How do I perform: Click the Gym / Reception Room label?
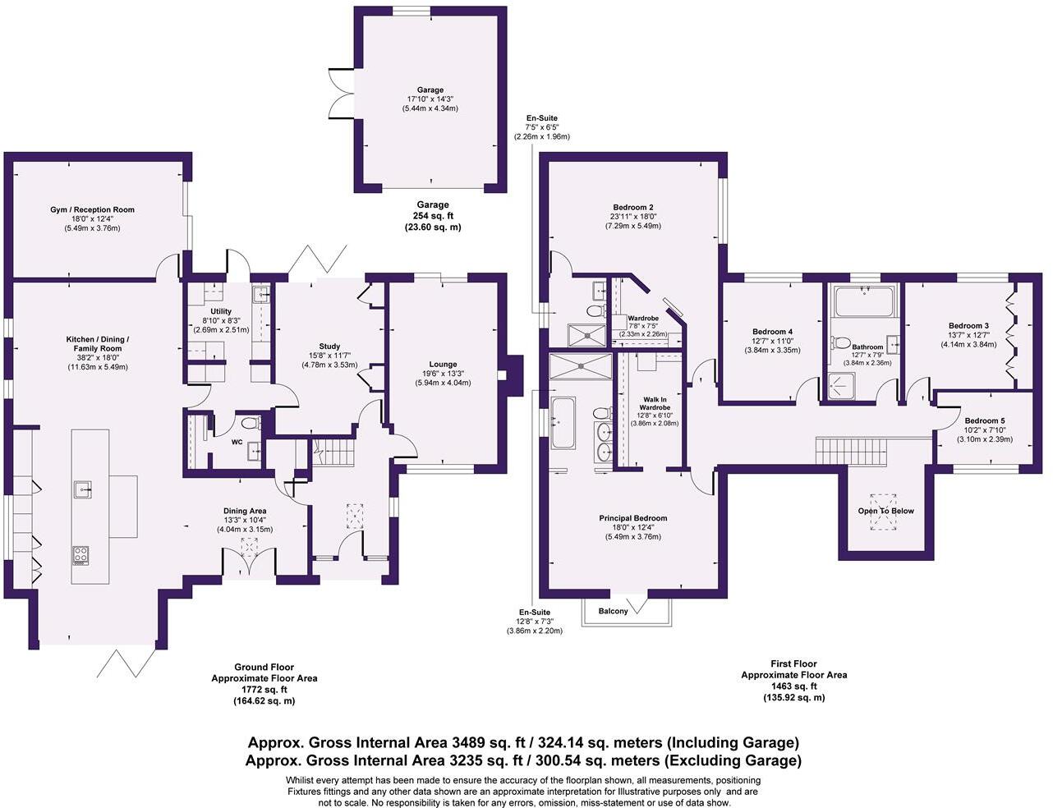(92, 209)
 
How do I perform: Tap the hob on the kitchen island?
(81, 555)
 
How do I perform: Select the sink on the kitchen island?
(83, 489)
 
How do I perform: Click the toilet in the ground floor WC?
(251, 424)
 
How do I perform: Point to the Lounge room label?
(443, 365)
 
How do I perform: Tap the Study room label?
(329, 347)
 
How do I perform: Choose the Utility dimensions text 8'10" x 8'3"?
(221, 320)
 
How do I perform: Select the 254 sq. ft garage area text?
(433, 216)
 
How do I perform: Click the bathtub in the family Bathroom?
(863, 301)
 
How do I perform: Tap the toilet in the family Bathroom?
(841, 343)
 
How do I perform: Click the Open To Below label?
(885, 511)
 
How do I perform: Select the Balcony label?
(613, 611)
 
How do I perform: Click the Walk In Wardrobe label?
(655, 403)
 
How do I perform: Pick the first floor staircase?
(852, 451)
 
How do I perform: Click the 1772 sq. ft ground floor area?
(264, 689)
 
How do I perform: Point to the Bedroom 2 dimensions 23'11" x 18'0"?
(632, 217)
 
